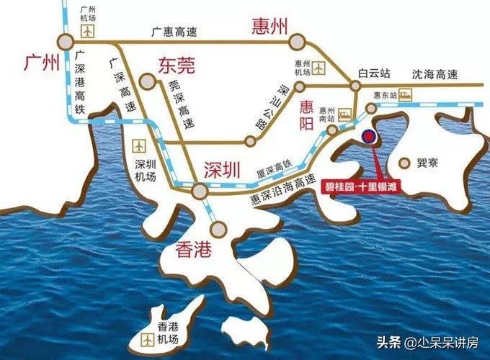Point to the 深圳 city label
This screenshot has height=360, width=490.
220,169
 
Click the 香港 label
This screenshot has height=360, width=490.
195,251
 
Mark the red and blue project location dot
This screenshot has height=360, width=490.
367,135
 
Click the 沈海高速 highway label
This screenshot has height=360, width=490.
435,73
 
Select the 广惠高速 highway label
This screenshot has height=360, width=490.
173,32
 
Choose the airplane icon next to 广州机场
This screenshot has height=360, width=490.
89,31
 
